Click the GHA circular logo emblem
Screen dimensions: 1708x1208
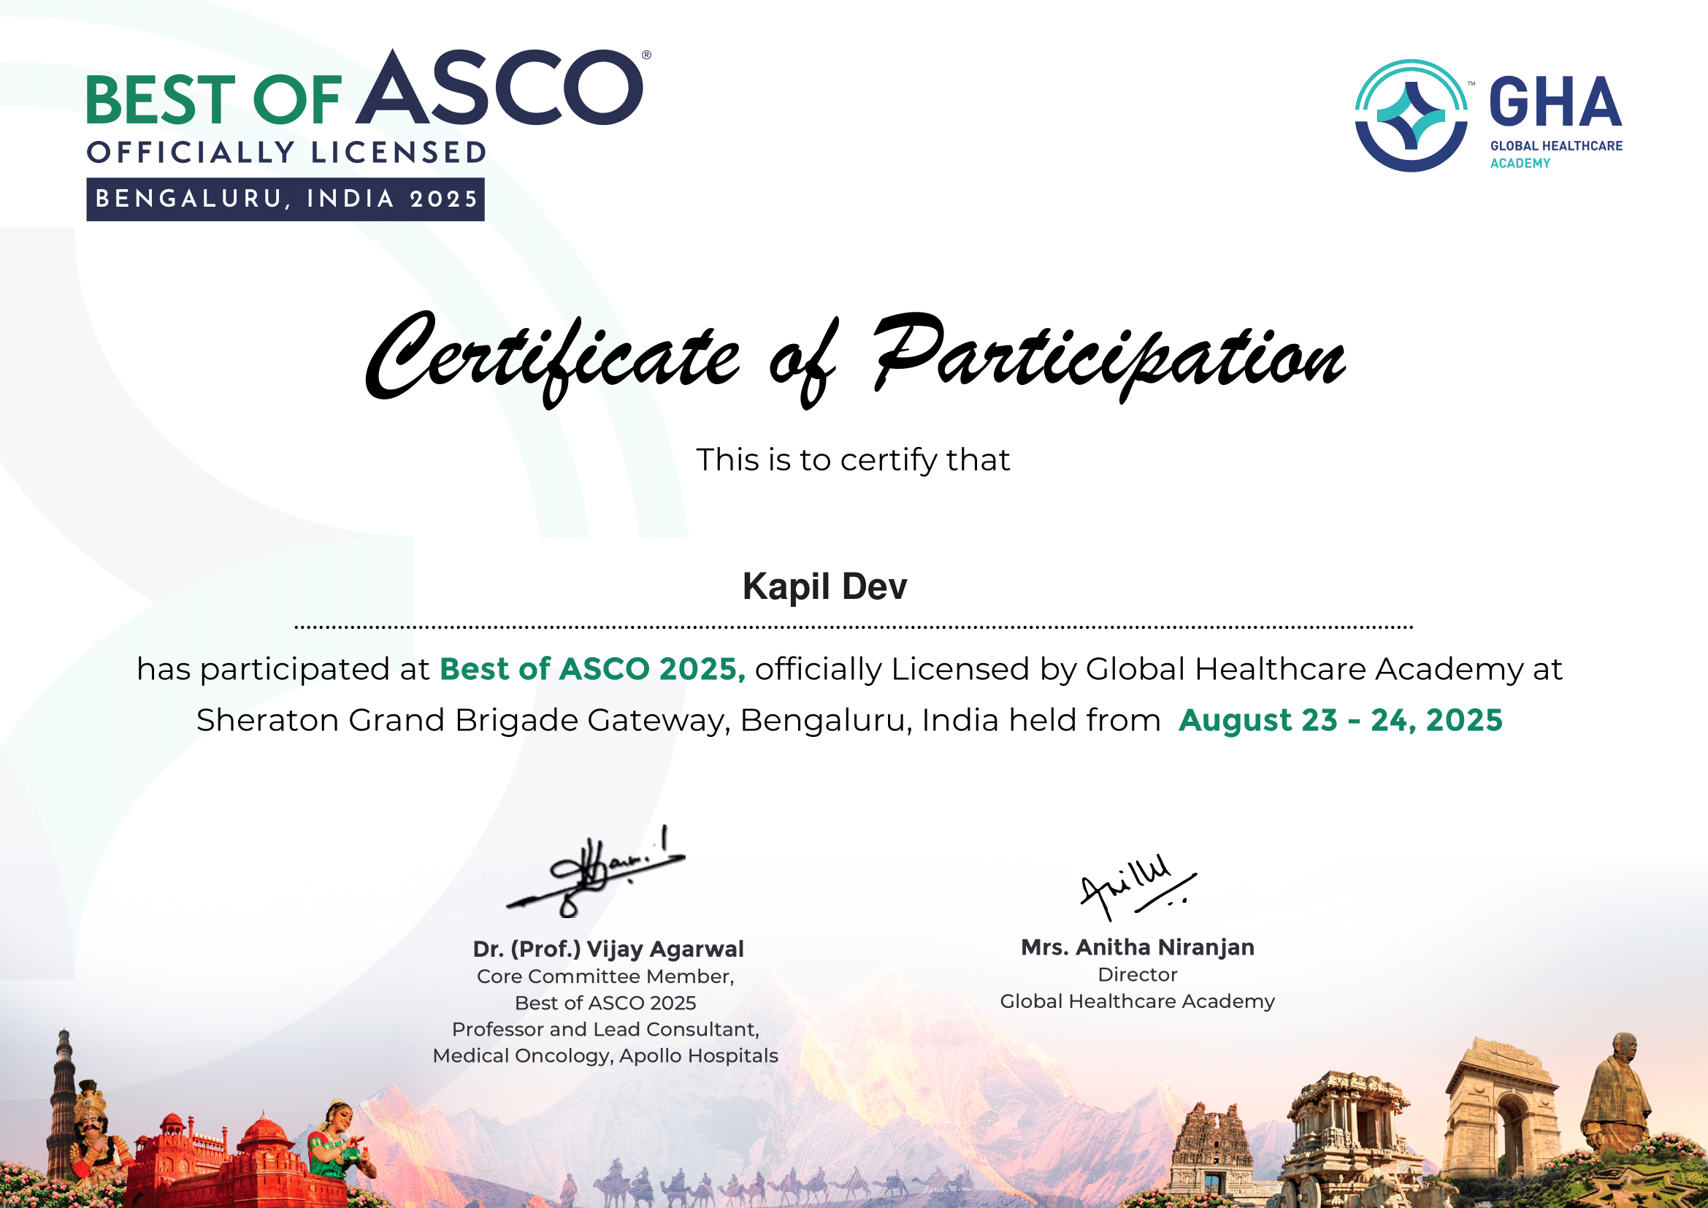[1411, 115]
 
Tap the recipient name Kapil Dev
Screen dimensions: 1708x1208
[824, 586]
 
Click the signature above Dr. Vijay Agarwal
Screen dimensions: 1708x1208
[595, 871]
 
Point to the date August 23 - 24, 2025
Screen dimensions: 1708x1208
[1341, 720]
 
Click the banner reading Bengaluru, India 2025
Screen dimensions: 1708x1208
[286, 199]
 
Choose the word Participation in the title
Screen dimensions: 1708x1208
[1108, 358]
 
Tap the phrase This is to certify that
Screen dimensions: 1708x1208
[853, 459]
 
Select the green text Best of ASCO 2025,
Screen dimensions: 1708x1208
[593, 669]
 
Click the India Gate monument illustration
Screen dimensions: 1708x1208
[1501, 1109]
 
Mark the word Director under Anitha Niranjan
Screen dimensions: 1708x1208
[1138, 974]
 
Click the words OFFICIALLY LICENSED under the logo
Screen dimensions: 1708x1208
[286, 153]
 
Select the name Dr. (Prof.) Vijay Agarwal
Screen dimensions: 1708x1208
[608, 949]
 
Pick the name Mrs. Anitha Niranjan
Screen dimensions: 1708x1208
[1138, 947]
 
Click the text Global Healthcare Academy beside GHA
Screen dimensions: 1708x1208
[1556, 155]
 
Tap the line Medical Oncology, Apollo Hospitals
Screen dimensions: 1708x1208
[605, 1056]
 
